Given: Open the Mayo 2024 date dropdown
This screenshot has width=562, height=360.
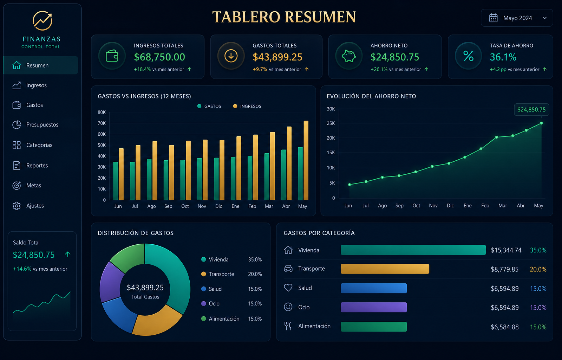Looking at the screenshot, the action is pos(517,18).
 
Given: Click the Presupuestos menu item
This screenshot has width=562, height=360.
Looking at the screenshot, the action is pos(35,125).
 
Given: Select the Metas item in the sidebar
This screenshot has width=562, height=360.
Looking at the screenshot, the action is pos(27,186).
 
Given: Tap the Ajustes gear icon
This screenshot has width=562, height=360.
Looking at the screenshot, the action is pos(17,206).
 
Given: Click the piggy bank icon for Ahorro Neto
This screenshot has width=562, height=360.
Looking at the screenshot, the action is pos(349,56).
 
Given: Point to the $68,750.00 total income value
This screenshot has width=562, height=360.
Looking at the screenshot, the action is pos(159,57).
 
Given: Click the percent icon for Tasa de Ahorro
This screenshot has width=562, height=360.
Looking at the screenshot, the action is pos(468,56).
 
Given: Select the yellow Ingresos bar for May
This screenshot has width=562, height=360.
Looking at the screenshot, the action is pos(306,160).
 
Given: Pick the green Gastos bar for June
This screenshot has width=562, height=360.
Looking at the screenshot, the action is pos(116,181).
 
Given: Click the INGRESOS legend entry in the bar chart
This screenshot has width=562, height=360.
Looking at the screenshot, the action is pos(247,106).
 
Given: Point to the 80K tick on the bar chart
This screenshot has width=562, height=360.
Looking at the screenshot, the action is pos(102,112).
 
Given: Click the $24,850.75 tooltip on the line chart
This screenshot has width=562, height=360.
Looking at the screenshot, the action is pos(531,110).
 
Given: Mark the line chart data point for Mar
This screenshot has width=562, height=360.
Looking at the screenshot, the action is pos(497,137).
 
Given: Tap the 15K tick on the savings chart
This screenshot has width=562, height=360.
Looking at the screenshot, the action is pos(331,153).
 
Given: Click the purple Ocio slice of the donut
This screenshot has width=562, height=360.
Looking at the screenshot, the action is pos(110,282).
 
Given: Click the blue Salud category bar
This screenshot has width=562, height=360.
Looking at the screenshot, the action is pos(374,288).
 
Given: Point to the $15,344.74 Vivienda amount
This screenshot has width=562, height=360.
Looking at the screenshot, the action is pos(506,250).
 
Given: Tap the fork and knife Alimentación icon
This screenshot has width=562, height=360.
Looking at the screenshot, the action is pos(288,326).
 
